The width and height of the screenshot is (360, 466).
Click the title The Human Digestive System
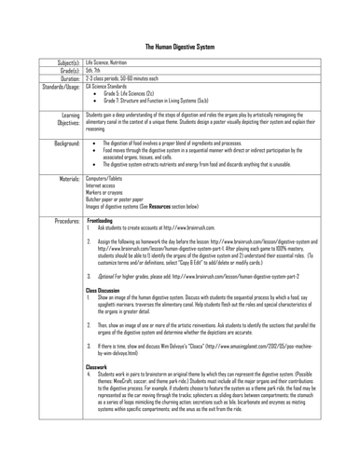click(x=180, y=18)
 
